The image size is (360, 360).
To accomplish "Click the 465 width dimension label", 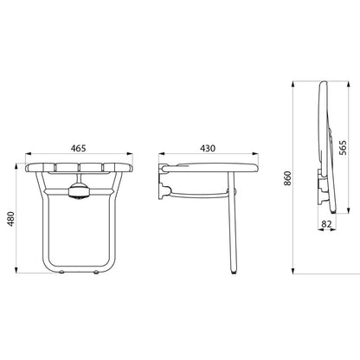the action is pyautogui.click(x=79, y=148).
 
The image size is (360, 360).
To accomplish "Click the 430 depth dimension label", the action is pyautogui.click(x=208, y=148).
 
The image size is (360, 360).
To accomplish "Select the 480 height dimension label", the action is pyautogui.click(x=10, y=219).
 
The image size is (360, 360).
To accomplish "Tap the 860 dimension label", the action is pyautogui.click(x=287, y=178).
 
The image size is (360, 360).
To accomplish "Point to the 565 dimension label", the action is pyautogui.click(x=343, y=148).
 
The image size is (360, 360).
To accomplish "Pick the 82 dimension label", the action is pyautogui.click(x=326, y=224).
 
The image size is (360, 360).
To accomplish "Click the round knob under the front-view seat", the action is pyautogui.click(x=79, y=191).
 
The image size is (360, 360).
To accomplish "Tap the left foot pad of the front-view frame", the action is pyautogui.click(x=61, y=272).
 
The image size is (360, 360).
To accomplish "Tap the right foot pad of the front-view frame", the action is pyautogui.click(x=96, y=272).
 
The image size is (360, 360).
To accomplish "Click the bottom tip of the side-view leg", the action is pyautogui.click(x=234, y=272).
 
